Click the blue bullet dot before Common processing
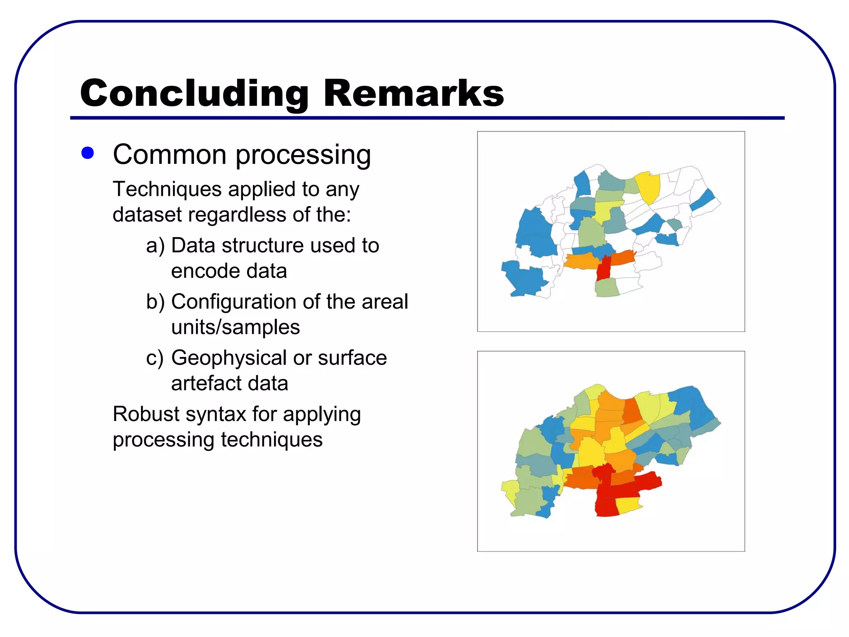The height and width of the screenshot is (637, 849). click(87, 153)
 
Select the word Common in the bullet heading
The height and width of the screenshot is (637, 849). click(170, 155)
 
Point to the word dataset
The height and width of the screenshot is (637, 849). click(147, 215)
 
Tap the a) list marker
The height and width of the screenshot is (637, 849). click(155, 246)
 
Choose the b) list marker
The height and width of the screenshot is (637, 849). click(155, 301)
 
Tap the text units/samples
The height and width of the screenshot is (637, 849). click(235, 327)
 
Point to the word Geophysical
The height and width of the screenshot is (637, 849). click(228, 358)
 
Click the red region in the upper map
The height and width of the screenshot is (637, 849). click(604, 270)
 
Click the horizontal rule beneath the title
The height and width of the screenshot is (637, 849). click(427, 118)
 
